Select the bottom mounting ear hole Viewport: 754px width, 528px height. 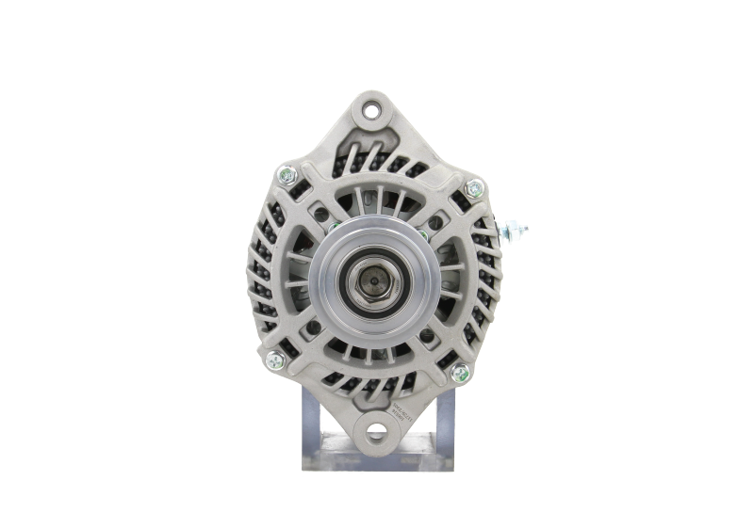point(378,434)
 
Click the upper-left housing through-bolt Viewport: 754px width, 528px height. point(287,176)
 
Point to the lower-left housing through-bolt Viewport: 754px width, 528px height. point(272,357)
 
